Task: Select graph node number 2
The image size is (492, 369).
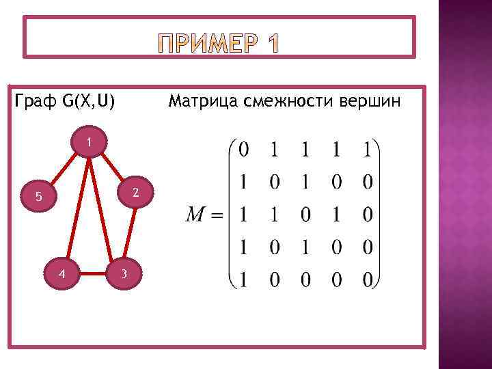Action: (136, 193)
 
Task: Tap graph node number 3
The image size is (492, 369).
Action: (123, 275)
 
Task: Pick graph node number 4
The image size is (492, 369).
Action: (62, 275)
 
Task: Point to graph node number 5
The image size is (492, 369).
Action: (40, 197)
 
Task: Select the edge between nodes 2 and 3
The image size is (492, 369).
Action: (130, 234)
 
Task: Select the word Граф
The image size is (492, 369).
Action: (36, 102)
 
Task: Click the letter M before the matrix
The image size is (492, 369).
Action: (196, 216)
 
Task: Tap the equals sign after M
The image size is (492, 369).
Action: (217, 216)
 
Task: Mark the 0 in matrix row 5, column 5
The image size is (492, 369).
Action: (367, 281)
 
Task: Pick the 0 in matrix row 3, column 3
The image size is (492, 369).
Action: (305, 216)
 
